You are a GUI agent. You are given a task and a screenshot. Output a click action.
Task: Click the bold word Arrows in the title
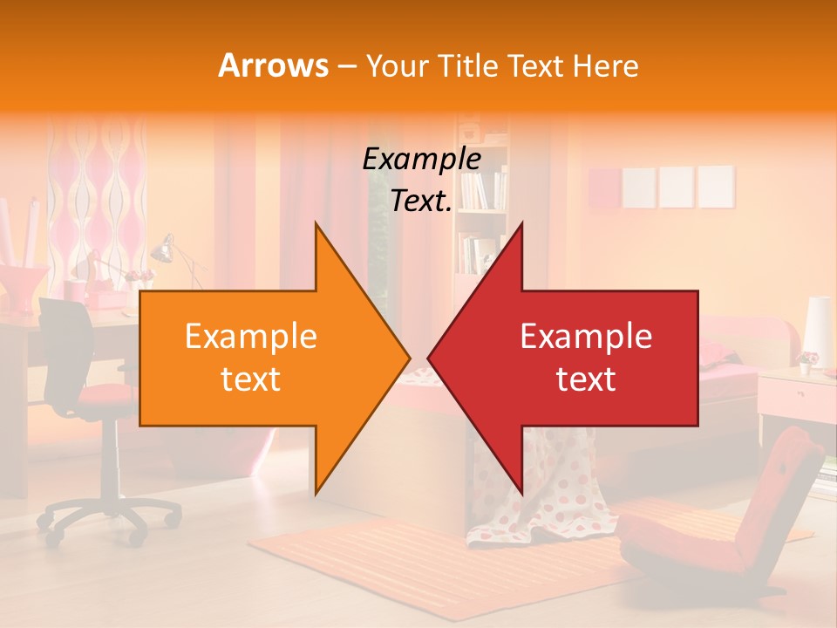(273, 65)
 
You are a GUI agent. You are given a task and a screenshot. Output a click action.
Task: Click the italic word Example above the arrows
(421, 159)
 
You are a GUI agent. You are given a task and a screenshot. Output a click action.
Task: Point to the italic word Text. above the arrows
(421, 201)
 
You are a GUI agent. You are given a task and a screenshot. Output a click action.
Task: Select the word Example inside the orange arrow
(250, 337)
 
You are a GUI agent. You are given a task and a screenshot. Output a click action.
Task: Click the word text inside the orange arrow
(250, 379)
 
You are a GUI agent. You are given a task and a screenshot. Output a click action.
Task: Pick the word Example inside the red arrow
(586, 337)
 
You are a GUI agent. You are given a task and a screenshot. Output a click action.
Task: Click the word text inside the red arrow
(586, 379)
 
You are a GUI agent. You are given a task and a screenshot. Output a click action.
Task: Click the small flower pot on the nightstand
(807, 361)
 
